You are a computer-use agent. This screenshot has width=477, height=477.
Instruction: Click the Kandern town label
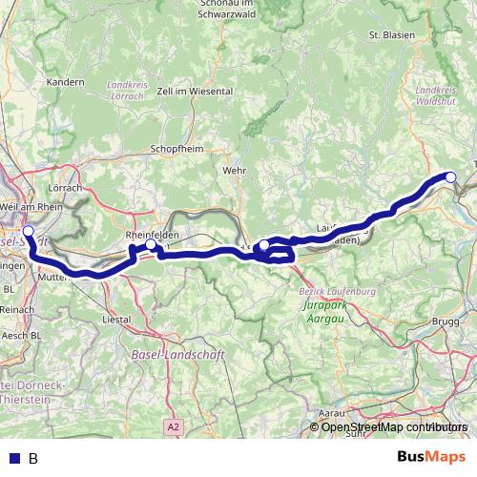(x=66, y=82)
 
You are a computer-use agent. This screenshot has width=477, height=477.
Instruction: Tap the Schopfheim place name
(x=173, y=149)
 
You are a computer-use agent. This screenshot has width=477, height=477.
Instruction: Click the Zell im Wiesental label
(x=195, y=91)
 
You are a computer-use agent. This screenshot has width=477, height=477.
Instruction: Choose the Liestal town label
(x=116, y=320)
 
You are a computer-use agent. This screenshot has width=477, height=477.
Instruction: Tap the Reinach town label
(x=17, y=310)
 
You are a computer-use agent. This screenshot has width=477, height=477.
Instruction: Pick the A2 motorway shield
(x=172, y=426)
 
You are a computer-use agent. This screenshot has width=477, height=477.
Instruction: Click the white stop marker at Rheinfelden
(x=150, y=246)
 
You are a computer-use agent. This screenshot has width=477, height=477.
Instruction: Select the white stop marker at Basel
(x=28, y=231)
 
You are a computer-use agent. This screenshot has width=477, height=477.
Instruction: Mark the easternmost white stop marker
(x=451, y=176)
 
